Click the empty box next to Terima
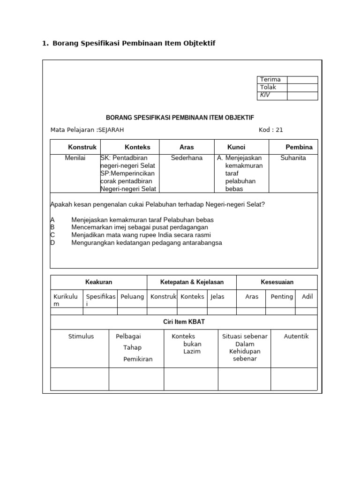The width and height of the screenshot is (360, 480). [x=302, y=80]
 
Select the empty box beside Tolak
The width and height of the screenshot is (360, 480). [x=302, y=88]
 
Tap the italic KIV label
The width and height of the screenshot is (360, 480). [x=265, y=95]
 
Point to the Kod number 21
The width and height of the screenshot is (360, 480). [x=279, y=130]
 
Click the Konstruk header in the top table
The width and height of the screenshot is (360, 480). [x=82, y=147]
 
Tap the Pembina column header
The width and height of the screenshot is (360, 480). [x=299, y=147]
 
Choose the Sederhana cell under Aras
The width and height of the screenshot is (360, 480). [x=187, y=158]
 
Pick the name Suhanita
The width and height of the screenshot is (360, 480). [x=293, y=158]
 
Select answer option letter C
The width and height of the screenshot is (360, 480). [x=53, y=235]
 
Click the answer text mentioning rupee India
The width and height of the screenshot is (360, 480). [x=141, y=235]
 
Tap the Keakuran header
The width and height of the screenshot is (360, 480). [x=98, y=282]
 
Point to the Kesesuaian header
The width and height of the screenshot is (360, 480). [x=277, y=282]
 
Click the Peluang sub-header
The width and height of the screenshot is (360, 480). [x=132, y=297]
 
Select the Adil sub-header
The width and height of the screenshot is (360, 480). [x=307, y=297]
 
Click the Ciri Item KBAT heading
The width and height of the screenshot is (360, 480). [x=183, y=322]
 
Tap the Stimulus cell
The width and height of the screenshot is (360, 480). [x=81, y=337]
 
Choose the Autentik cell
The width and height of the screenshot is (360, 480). [x=296, y=337]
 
